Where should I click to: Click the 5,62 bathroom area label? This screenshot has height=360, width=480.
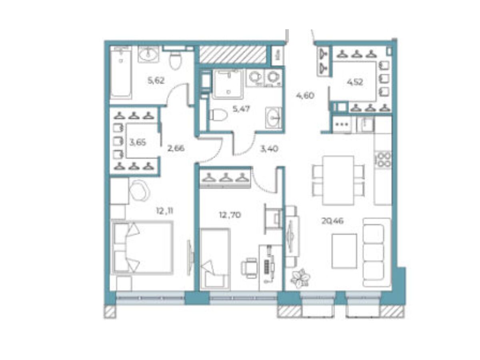pos(156,81)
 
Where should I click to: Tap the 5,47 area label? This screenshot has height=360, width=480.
pos(241,109)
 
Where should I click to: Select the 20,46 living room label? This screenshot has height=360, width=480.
pos(332,221)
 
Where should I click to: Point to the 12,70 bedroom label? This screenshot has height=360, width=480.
pos(230,215)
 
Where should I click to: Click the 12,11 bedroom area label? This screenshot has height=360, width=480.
pos(165,211)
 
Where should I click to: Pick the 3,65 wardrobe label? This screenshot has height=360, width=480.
pos(138,143)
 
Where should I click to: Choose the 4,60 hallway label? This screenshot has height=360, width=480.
pos(305,96)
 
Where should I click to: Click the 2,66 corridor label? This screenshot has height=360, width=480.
pos(176,149)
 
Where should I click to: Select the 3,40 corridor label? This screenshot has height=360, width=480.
pos(269,149)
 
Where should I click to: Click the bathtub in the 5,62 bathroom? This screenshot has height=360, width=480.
pos(121,73)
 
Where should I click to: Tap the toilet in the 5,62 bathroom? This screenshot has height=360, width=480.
pos(175,60)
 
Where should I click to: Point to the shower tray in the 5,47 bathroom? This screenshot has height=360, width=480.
pos(228,84)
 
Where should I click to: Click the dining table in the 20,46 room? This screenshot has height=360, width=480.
pos(338,180)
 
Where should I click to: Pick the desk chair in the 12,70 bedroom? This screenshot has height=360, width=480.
pos(249,268)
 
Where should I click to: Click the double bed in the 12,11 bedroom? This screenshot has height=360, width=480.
pos(142,248)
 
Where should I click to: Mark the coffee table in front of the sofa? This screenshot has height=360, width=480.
pos(344,251)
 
